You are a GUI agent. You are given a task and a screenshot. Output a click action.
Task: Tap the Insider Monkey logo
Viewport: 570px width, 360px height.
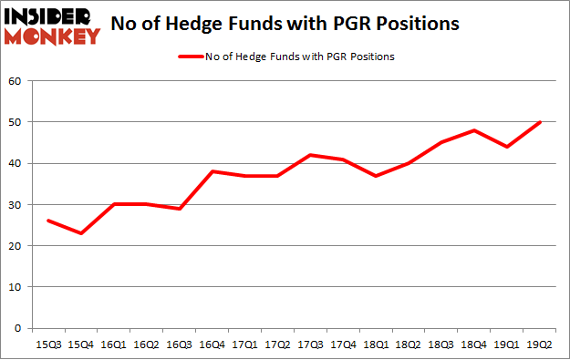click(x=51, y=26)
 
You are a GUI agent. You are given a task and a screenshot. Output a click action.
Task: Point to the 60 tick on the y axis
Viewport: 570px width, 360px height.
click(x=16, y=81)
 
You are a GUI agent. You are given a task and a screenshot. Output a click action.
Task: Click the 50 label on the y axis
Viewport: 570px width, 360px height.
click(x=16, y=122)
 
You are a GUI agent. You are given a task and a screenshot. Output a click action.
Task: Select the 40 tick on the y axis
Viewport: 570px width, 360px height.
click(x=16, y=163)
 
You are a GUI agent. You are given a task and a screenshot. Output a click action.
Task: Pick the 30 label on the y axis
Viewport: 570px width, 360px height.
click(x=16, y=204)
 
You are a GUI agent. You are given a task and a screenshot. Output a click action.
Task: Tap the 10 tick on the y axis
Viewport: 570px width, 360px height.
click(x=16, y=287)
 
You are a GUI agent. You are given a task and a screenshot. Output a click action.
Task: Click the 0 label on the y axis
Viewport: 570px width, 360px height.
click(x=19, y=328)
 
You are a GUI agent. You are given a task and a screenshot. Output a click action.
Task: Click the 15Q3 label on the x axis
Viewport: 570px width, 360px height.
click(x=47, y=345)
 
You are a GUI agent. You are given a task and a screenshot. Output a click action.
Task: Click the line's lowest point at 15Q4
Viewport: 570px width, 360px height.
click(x=81, y=233)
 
